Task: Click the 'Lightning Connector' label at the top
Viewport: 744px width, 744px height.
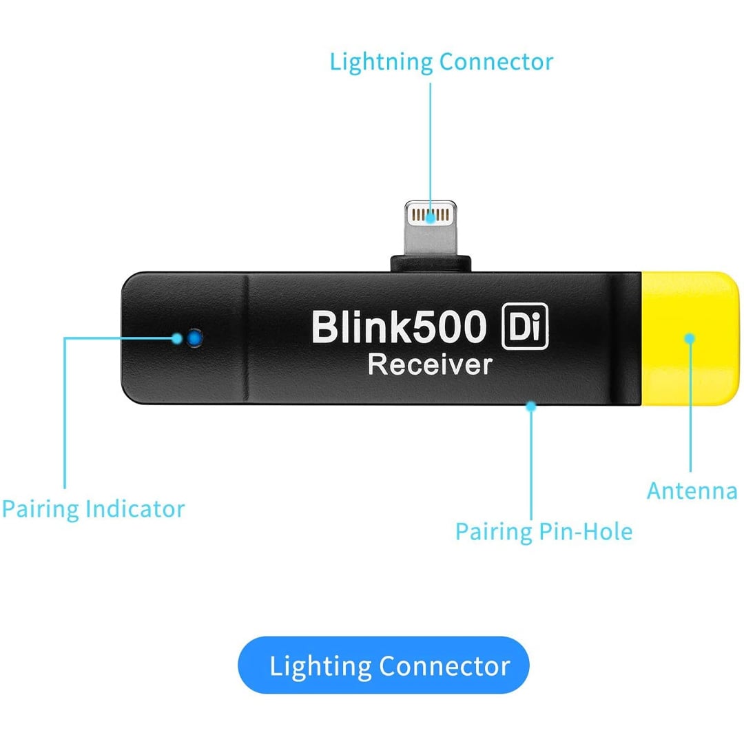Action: (441, 62)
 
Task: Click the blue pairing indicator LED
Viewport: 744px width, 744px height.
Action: (195, 338)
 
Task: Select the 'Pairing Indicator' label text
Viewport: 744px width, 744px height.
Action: (93, 510)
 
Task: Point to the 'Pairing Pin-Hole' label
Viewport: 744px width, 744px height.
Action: (544, 532)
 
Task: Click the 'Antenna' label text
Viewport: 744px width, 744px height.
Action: (692, 491)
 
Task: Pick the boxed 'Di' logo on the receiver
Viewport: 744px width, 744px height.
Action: (525, 327)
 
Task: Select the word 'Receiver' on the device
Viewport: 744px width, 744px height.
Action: (431, 364)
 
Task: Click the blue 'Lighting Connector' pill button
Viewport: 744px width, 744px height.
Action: (384, 665)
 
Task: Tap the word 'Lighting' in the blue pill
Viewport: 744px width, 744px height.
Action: (320, 667)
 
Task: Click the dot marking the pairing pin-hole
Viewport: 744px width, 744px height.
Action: (531, 406)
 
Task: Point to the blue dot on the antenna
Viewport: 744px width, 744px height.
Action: (689, 338)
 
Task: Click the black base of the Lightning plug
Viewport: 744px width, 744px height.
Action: (431, 263)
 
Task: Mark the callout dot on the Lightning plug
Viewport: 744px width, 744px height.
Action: (431, 218)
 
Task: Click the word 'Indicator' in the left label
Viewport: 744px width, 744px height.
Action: (136, 510)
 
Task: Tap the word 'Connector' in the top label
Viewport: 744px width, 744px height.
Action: (496, 62)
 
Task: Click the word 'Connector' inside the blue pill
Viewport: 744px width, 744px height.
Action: (444, 666)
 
